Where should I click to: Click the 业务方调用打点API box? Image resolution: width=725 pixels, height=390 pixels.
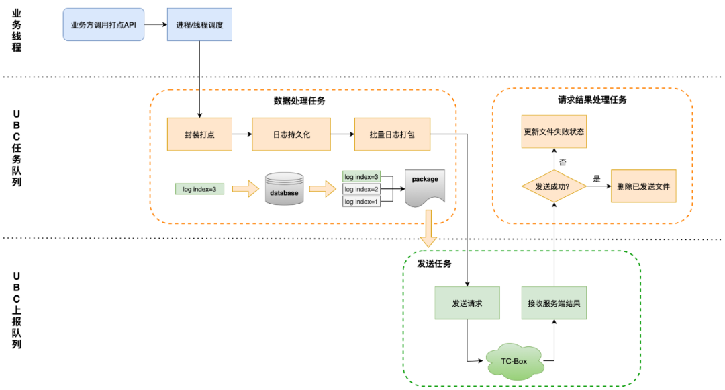pos(103,24)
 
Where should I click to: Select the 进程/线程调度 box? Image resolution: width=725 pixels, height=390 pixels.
pos(199,24)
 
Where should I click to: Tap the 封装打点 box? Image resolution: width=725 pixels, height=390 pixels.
pos(199,134)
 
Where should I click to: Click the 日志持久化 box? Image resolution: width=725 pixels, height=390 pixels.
pos(291,134)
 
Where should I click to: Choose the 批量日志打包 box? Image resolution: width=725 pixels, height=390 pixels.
pos(392,134)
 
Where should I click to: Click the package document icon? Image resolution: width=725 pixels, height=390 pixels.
pos(425,188)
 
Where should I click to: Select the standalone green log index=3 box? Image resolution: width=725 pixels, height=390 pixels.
pos(199,190)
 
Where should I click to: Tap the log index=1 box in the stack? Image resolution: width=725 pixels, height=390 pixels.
pos(361,202)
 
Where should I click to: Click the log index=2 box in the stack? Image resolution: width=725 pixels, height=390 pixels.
pos(361,190)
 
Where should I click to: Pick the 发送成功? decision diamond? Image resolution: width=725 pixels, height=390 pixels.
pos(554,186)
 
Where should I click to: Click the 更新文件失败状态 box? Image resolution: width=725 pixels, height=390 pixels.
pos(554,132)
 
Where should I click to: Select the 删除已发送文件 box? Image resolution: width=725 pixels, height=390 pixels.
pos(643,186)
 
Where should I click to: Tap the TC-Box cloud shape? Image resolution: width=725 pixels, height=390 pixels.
pos(514,361)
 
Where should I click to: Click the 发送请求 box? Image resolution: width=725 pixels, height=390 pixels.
pos(467,303)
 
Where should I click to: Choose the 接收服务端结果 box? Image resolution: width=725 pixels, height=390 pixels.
pos(554,303)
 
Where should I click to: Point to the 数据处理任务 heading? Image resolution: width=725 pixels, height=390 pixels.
pos(299,101)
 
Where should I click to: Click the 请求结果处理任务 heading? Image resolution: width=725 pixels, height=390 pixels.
pos(592,100)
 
